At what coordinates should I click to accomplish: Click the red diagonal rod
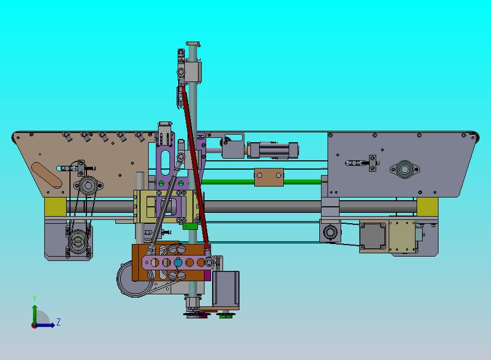pyautogui.click(x=195, y=167)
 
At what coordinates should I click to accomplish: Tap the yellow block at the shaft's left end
pyautogui.click(x=55, y=207)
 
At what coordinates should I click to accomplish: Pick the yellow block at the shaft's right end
pyautogui.click(x=427, y=207)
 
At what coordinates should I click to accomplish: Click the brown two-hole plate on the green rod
pyautogui.click(x=269, y=177)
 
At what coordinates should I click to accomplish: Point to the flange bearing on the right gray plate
pyautogui.click(x=405, y=170)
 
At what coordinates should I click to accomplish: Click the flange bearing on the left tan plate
pyautogui.click(x=88, y=185)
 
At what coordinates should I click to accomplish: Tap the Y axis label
pyautogui.click(x=34, y=298)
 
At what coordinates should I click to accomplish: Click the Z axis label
pyautogui.click(x=59, y=322)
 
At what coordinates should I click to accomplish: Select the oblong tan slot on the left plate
pyautogui.click(x=46, y=175)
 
